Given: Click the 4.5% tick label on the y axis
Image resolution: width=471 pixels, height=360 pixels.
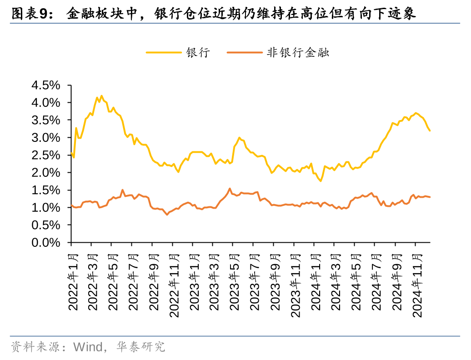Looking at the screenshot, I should click(45, 85).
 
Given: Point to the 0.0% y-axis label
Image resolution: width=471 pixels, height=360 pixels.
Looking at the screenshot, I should click(45, 243).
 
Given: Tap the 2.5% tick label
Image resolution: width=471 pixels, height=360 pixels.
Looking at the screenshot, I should click(45, 155).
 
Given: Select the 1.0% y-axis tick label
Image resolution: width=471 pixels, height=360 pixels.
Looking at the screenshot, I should click(45, 208).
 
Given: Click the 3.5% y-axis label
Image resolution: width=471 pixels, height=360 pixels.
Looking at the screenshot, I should click(45, 120).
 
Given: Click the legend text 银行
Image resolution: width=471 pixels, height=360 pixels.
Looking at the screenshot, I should click(197, 53).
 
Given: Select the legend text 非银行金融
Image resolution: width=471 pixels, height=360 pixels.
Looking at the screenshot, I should click(298, 53).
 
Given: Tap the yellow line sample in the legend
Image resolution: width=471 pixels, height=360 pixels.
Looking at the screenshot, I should click(163, 53).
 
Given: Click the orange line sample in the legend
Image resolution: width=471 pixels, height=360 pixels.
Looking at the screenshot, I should click(244, 53).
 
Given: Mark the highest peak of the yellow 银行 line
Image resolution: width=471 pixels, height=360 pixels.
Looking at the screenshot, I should click(101, 96).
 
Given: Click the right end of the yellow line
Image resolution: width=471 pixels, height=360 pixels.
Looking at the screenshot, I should click(430, 131).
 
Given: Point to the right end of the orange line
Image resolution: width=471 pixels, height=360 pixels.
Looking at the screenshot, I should click(430, 197).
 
